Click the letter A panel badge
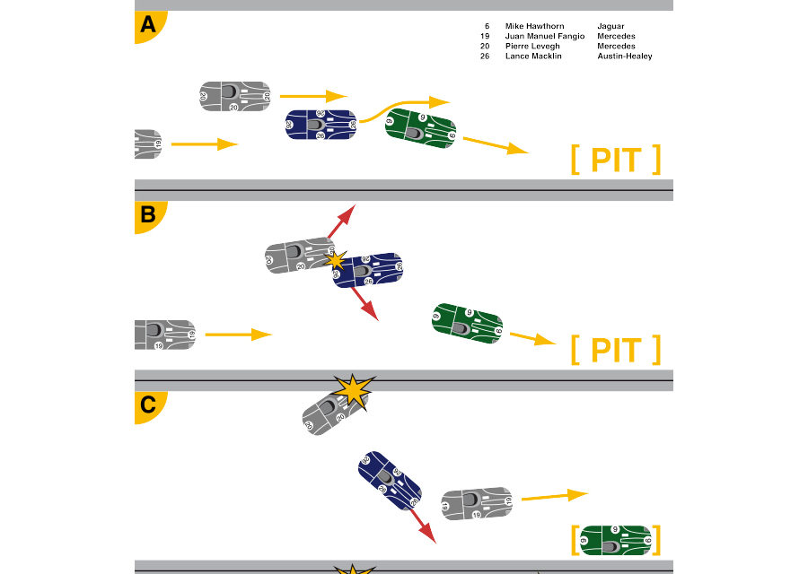coord(148,26)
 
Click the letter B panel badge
coord(148,216)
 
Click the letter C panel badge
coord(148,406)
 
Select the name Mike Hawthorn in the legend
coord(534,26)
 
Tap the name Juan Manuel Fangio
coord(545,36)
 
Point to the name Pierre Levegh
coord(532,47)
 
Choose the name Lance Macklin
coord(533,57)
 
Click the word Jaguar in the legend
coord(610,26)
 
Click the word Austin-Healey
coord(625,57)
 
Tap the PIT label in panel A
coord(616,161)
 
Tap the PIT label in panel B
coord(616,350)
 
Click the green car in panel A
coord(420,128)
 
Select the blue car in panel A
coord(321,125)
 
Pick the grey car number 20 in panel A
coord(235,96)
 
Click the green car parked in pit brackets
coord(616,541)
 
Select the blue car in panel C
coord(390,481)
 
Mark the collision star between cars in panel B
coord(336,260)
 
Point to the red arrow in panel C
coord(423,526)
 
